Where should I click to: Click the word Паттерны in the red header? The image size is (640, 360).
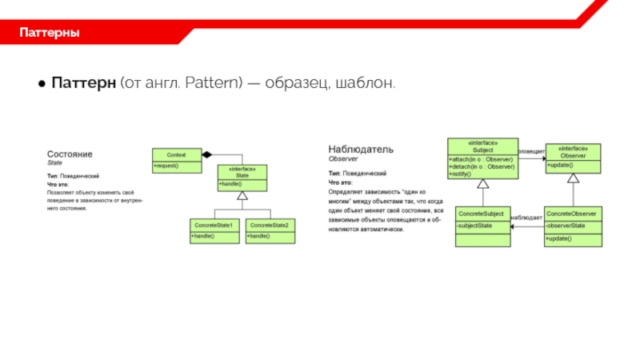point(49,34)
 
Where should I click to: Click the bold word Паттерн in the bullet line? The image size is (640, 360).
point(85,83)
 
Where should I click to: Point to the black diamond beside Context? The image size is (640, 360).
point(206,154)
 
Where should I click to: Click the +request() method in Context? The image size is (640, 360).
point(167,166)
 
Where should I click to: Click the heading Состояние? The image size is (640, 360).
point(70,153)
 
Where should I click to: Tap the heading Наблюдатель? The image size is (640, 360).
point(361,149)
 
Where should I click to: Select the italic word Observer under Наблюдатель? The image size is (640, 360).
point(342,160)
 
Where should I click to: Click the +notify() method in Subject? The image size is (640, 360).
point(462,174)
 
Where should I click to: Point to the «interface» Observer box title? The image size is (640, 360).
point(573,152)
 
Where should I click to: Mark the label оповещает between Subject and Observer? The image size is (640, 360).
point(531,150)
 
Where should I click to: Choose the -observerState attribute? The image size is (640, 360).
point(567,226)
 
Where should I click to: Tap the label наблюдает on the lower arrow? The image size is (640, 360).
point(526,218)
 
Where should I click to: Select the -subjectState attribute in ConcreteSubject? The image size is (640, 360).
point(475,226)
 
